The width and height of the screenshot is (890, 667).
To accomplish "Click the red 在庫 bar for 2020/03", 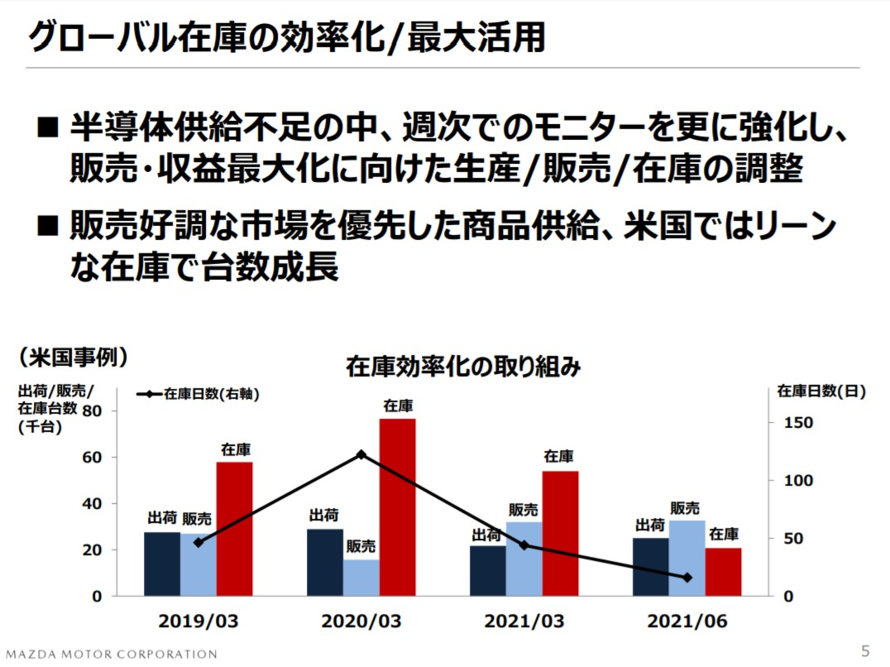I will click(x=398, y=506).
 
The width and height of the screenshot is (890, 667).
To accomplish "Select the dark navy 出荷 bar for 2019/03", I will click(x=162, y=564).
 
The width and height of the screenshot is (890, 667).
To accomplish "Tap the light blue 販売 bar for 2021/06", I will click(x=687, y=558).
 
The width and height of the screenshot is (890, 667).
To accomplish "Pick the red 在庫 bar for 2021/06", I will click(x=724, y=571).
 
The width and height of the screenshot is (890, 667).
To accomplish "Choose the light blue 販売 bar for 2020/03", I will click(x=361, y=578).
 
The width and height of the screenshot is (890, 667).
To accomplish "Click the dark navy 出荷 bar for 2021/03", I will click(x=487, y=570).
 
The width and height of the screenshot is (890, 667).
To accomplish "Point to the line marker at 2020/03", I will click(x=361, y=454).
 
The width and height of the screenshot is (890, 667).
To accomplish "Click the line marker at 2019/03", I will click(x=199, y=543).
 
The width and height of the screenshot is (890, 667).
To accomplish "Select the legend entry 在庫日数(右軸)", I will click(x=199, y=395).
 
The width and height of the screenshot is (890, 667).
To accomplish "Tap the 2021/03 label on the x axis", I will click(x=524, y=621).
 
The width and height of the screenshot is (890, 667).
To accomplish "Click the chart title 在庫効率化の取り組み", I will click(x=463, y=367).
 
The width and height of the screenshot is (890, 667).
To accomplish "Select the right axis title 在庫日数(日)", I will click(x=821, y=392).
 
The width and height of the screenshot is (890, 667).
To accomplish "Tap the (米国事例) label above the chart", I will click(x=74, y=357).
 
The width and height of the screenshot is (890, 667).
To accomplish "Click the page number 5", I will click(x=865, y=650).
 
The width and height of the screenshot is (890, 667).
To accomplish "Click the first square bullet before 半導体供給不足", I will click(x=48, y=128).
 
